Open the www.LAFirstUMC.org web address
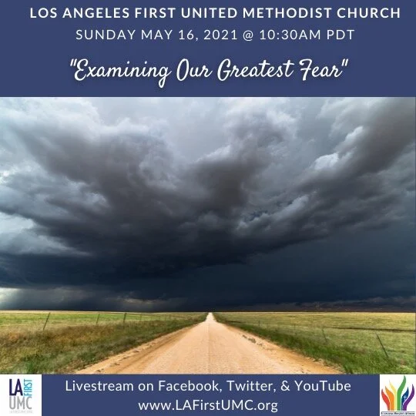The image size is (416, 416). (x=208, y=404)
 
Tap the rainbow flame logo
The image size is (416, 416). (x=397, y=394)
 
